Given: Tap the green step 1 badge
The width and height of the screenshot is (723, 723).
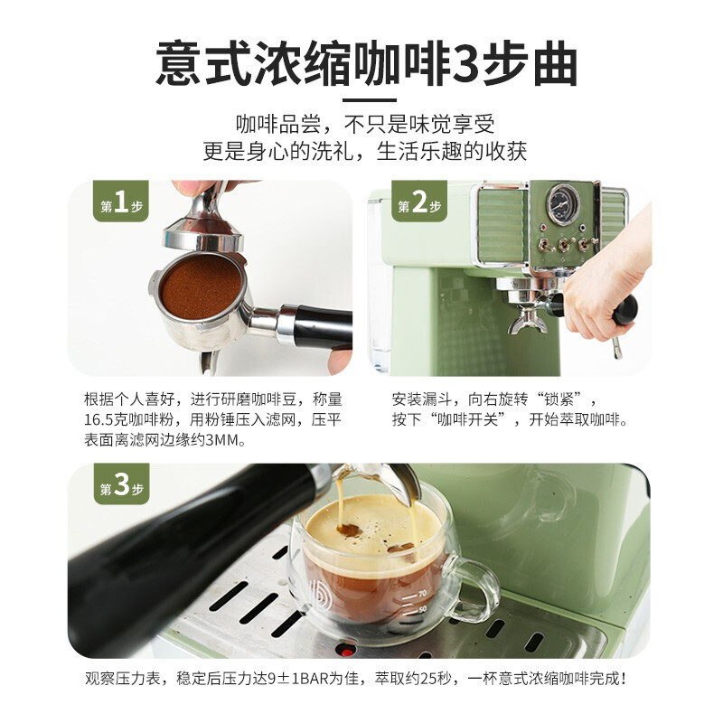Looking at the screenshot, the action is click(x=121, y=202).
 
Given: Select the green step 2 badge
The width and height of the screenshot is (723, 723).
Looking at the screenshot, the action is click(x=419, y=202).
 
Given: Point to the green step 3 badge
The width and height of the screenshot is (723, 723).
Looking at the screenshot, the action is click(x=122, y=484).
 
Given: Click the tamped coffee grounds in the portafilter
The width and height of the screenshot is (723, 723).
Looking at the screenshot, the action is click(x=201, y=286).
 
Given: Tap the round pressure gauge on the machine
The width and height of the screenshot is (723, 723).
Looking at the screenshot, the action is click(x=562, y=204).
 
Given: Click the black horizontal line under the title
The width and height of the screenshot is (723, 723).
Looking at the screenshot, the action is click(x=370, y=99).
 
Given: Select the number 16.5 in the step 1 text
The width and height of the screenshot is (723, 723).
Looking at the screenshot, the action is click(x=99, y=420).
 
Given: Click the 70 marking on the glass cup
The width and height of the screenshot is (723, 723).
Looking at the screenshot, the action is click(x=421, y=594).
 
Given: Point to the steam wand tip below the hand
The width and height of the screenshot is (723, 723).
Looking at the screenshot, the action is click(x=617, y=352).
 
